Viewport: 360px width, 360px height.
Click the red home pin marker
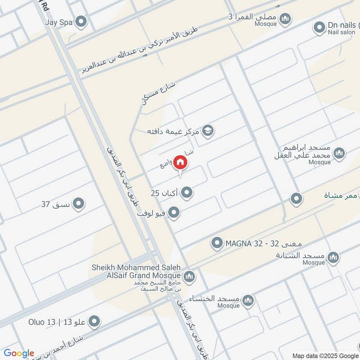(180, 162)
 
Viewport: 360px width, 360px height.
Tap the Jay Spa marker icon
(81, 22)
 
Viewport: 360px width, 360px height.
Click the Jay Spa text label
(58, 21)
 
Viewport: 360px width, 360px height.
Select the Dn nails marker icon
(319, 28)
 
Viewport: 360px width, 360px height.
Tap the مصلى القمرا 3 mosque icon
(284, 19)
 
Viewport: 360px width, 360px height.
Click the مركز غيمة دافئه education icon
(208, 131)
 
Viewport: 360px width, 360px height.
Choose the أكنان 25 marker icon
(187, 193)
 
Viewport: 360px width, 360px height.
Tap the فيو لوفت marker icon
(174, 213)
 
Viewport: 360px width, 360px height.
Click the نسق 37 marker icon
(79, 204)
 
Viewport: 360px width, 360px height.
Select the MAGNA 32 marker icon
(217, 243)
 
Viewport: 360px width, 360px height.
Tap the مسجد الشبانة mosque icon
(333, 257)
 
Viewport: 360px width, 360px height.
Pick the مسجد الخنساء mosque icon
(248, 300)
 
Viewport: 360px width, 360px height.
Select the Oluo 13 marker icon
(94, 322)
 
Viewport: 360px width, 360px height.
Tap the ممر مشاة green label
(341, 195)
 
